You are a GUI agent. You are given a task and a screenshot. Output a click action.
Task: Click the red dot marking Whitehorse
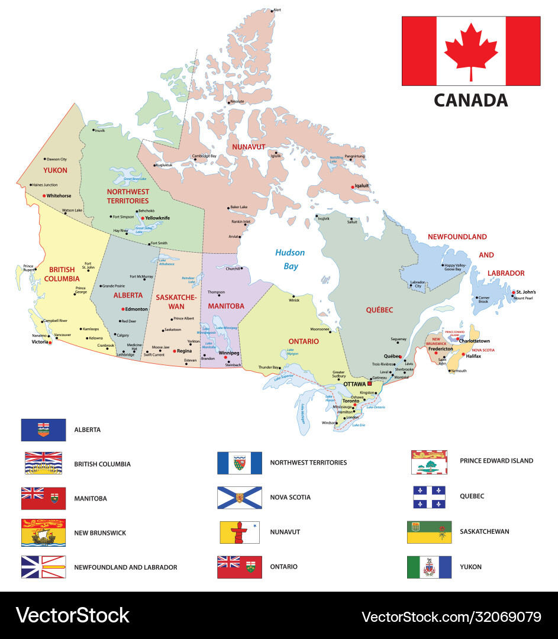pyautogui.click(x=44, y=195)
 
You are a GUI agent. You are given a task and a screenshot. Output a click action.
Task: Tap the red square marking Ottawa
pyautogui.click(x=370, y=384)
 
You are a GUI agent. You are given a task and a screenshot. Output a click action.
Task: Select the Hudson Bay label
pyautogui.click(x=290, y=259)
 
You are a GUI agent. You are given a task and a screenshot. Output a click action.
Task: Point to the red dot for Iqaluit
pyautogui.click(x=353, y=186)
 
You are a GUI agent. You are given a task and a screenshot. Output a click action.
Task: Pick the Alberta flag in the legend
pyautogui.click(x=43, y=430)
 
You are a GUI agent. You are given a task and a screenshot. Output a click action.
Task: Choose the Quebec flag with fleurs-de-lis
pyautogui.click(x=429, y=497)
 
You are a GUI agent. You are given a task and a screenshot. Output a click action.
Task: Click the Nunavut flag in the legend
pyautogui.click(x=240, y=532)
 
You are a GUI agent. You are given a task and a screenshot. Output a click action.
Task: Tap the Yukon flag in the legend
pyautogui.click(x=429, y=567)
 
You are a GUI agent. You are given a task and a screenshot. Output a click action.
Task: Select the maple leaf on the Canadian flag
pyautogui.click(x=471, y=51)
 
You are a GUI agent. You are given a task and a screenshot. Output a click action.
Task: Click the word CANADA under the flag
pyautogui.click(x=471, y=100)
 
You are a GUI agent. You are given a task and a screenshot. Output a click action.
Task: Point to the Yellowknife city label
pyautogui.click(x=158, y=218)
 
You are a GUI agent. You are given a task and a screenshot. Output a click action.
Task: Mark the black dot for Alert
pyautogui.click(x=272, y=11)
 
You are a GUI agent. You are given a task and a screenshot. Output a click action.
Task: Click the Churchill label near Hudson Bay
pyautogui.click(x=233, y=268)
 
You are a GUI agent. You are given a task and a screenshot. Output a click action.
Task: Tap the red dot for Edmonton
pyautogui.click(x=122, y=309)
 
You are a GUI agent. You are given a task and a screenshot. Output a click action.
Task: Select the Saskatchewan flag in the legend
pyautogui.click(x=429, y=532)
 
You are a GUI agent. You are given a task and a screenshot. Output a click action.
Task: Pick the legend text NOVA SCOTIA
pyautogui.click(x=290, y=498)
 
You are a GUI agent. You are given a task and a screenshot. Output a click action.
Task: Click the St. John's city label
pyautogui.click(x=526, y=292)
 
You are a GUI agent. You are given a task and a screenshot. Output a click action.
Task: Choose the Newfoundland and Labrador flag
pyautogui.click(x=43, y=567)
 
